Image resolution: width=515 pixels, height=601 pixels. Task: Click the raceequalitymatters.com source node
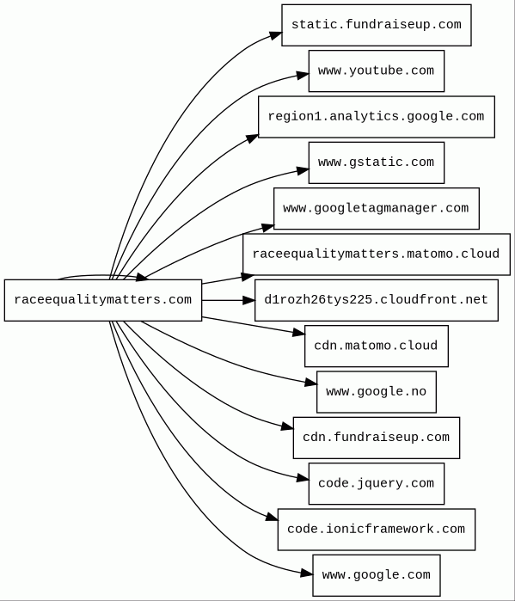coord(103,300)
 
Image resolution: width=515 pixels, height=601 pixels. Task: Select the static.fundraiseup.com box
coord(377,25)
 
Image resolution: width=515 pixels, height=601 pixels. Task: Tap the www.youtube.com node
coord(377,71)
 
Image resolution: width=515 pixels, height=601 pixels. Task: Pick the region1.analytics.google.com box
coord(377,117)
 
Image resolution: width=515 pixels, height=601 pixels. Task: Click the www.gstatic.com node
coord(377,163)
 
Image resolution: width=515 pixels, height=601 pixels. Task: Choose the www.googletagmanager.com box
coord(377,209)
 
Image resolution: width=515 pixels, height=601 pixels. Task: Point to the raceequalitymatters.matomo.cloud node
coord(377,255)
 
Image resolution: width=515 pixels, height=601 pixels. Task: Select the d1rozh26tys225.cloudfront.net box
coord(377,300)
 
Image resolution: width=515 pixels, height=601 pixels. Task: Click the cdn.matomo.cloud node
coord(377,346)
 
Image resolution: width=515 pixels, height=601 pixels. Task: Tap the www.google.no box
coord(377,392)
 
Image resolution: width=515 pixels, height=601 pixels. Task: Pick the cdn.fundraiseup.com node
coord(377,438)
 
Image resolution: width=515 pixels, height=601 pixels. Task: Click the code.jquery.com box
coord(377,484)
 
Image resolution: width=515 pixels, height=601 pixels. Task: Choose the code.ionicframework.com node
coord(377,530)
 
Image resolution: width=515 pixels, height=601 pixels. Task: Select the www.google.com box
coord(377,575)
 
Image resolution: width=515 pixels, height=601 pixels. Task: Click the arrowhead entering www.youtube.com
coord(303,75)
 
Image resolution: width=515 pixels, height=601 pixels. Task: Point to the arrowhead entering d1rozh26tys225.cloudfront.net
coord(248,300)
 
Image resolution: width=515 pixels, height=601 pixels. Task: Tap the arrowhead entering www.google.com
coord(307,573)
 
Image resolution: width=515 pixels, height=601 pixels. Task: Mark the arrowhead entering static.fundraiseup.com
coord(276,35)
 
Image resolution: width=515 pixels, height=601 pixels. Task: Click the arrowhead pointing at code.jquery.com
coord(303,478)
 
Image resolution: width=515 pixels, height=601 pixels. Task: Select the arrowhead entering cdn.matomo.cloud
coord(299,332)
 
